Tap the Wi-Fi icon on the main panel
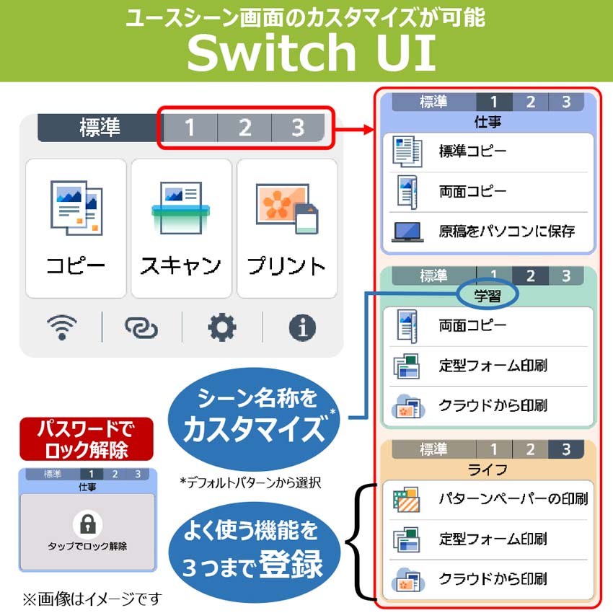(62, 327)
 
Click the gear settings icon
(221, 327)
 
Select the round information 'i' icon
(302, 327)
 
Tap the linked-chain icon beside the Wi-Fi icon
(141, 327)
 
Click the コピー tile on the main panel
(76, 229)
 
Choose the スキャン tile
(182, 229)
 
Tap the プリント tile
(287, 229)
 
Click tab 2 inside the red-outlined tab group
(244, 128)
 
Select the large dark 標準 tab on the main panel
(100, 128)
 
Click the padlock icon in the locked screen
(87, 524)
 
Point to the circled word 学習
(488, 296)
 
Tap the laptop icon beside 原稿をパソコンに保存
(407, 232)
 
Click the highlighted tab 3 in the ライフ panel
(566, 449)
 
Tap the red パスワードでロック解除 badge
(87, 439)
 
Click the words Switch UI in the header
(312, 52)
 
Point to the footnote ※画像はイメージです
(92, 599)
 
